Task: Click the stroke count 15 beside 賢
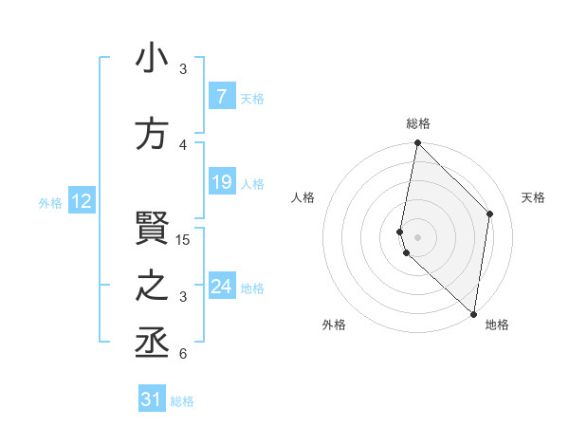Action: pyautogui.click(x=183, y=240)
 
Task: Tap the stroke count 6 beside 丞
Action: pyautogui.click(x=183, y=355)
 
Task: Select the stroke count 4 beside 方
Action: pyautogui.click(x=183, y=145)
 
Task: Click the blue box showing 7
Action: pyautogui.click(x=221, y=97)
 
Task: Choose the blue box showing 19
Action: pyautogui.click(x=221, y=182)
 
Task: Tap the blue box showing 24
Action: pyautogui.click(x=221, y=286)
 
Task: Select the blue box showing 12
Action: pyautogui.click(x=81, y=201)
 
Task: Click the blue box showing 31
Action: pyautogui.click(x=152, y=400)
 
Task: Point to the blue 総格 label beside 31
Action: pyautogui.click(x=182, y=401)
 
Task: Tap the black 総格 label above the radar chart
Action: pyautogui.click(x=417, y=123)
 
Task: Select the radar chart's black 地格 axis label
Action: pyautogui.click(x=497, y=325)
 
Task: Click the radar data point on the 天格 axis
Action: pyautogui.click(x=490, y=214)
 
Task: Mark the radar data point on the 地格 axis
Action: pyautogui.click(x=473, y=314)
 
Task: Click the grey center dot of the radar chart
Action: pyautogui.click(x=417, y=236)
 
